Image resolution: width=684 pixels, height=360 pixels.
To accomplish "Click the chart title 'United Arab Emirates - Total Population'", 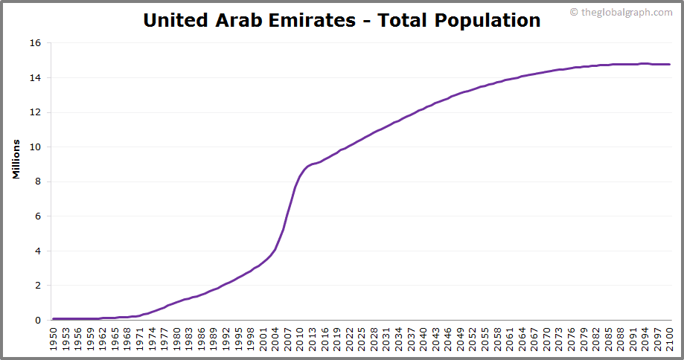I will pyautogui.click(x=342, y=20).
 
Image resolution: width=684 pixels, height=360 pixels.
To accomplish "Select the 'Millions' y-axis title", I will pyautogui.click(x=16, y=158).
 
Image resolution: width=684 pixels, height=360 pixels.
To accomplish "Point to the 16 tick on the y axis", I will pyautogui.click(x=34, y=43).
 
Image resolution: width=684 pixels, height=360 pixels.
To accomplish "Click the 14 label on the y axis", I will pyautogui.click(x=34, y=77).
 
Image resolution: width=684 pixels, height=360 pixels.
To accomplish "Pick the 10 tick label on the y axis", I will pyautogui.click(x=34, y=147).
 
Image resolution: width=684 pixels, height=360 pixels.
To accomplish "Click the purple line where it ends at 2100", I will pyautogui.click(x=669, y=64).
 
